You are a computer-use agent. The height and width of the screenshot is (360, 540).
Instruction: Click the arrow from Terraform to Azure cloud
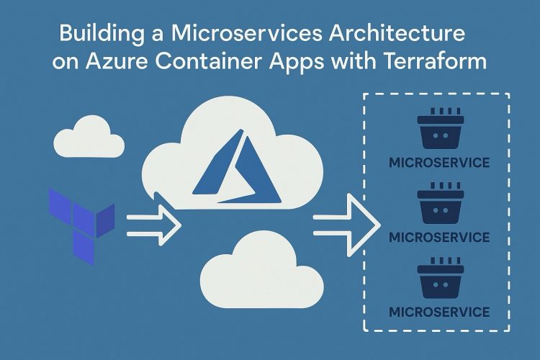(x=153, y=222)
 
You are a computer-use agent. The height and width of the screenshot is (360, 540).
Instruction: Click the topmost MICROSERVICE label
(x=438, y=162)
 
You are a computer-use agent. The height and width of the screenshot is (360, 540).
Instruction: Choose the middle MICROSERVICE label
(x=438, y=237)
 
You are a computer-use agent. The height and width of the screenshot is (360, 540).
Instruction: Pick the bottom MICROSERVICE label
(x=438, y=312)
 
